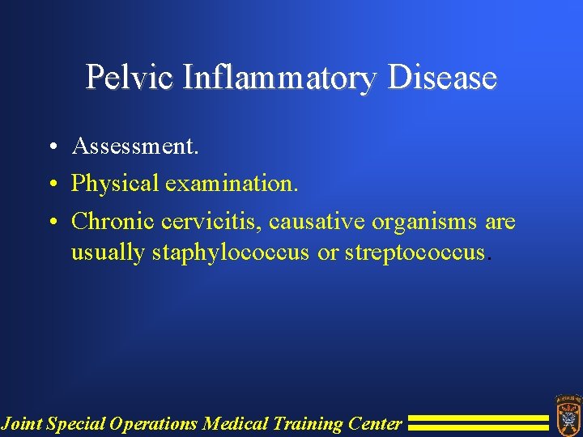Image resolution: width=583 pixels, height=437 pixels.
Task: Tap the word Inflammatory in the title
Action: [280, 78]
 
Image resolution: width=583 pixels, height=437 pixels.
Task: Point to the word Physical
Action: [115, 184]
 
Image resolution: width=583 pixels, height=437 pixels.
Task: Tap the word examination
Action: [232, 184]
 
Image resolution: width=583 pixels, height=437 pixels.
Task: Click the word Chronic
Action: [113, 221]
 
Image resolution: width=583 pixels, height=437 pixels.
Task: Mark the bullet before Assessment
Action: [51, 147]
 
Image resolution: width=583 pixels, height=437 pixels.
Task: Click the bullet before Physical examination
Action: [51, 185]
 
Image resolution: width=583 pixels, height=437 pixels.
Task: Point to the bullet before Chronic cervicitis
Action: [51, 222]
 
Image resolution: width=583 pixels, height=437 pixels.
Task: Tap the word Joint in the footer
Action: [22, 423]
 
